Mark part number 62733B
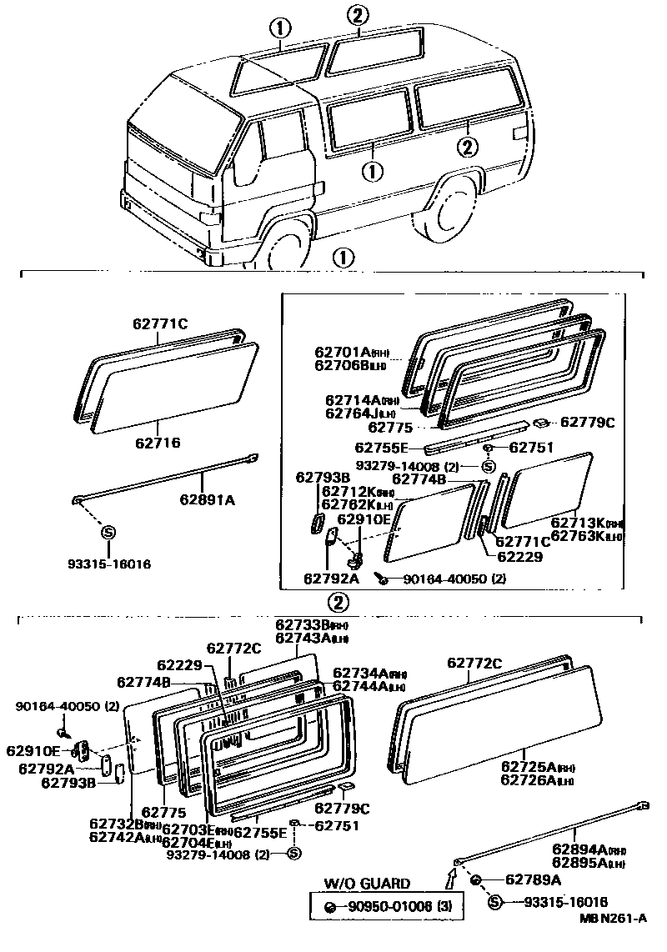click(x=301, y=625)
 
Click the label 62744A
click(x=359, y=686)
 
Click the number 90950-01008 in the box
click(x=388, y=906)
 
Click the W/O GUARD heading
click(x=367, y=884)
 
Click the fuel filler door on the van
click(x=518, y=133)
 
